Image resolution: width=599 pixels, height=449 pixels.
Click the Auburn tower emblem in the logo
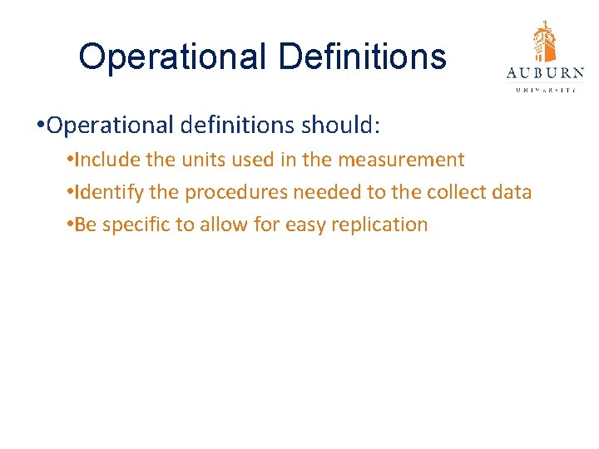click(x=545, y=42)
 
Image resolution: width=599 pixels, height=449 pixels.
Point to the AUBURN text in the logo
click(x=545, y=73)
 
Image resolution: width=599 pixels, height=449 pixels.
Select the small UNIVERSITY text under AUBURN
click(x=545, y=89)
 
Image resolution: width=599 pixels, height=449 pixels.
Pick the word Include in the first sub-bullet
click(x=103, y=160)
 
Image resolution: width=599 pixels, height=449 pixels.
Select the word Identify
click(x=106, y=192)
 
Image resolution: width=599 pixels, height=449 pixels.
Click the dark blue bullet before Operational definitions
click(x=40, y=126)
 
